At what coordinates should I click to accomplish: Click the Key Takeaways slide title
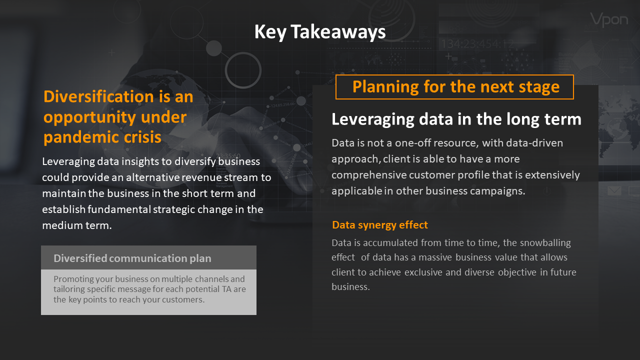[x=320, y=31]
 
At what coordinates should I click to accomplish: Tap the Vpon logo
[x=609, y=19]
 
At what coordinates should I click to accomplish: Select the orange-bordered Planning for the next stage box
[x=454, y=87]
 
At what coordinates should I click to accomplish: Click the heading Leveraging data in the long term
[x=456, y=119]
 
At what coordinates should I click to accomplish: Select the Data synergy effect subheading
[x=379, y=225]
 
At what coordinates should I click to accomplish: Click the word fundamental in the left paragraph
[x=119, y=209]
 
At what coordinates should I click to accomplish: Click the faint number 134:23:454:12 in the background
[x=477, y=44]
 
